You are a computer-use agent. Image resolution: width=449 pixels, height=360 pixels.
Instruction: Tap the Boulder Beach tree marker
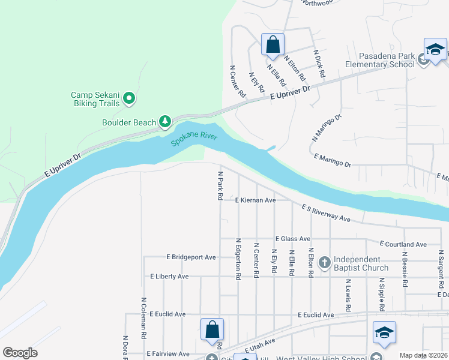pyautogui.click(x=165, y=122)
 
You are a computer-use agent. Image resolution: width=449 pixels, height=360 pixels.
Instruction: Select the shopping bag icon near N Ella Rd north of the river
pyautogui.click(x=273, y=44)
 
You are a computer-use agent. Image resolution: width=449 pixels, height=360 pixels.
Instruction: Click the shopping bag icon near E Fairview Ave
pyautogui.click(x=212, y=329)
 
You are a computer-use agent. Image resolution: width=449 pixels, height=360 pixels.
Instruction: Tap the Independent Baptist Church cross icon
pyautogui.click(x=324, y=262)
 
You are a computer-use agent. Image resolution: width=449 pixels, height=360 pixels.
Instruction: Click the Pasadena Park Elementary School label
pyautogui.click(x=379, y=60)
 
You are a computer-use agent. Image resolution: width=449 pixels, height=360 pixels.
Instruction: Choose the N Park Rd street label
pyautogui.click(x=220, y=185)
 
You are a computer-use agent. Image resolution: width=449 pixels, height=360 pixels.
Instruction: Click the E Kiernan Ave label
pyautogui.click(x=255, y=200)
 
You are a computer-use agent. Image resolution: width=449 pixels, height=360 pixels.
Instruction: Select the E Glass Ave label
pyautogui.click(x=292, y=239)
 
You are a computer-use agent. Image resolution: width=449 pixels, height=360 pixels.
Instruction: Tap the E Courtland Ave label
pyautogui.click(x=403, y=244)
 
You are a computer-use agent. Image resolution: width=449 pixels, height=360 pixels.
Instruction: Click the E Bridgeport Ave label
pyautogui.click(x=191, y=257)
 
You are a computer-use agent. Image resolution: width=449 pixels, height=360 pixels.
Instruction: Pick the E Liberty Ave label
pyautogui.click(x=169, y=277)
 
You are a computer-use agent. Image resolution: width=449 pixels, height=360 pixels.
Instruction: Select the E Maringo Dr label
pyautogui.click(x=333, y=159)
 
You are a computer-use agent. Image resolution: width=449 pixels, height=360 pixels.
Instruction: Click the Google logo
pyautogui.click(x=20, y=353)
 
